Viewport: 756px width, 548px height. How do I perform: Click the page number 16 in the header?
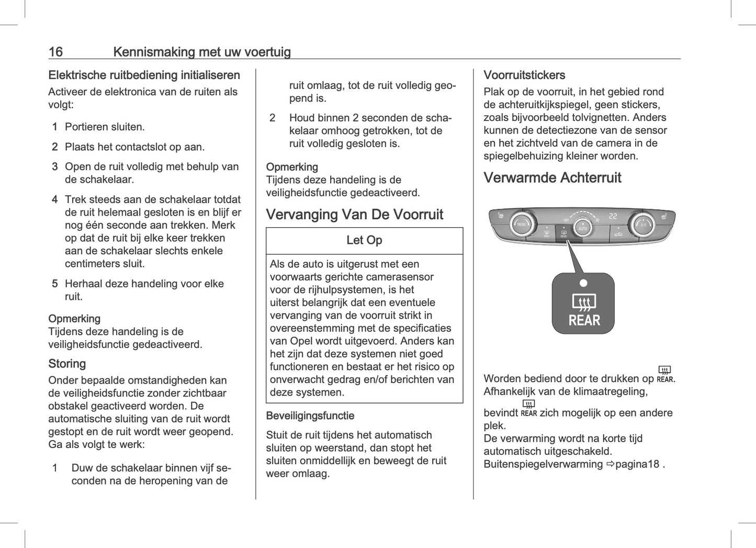click(x=55, y=52)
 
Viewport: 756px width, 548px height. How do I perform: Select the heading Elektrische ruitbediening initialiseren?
click(x=144, y=75)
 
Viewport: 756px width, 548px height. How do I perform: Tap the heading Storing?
click(x=67, y=364)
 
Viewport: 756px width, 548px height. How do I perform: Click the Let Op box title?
click(x=364, y=240)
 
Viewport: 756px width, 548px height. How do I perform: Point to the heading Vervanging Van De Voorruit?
click(x=354, y=215)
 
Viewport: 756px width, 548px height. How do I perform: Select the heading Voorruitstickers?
click(x=524, y=75)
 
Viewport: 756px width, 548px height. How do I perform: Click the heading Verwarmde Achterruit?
click(x=552, y=178)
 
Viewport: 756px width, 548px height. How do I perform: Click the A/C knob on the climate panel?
click(x=642, y=225)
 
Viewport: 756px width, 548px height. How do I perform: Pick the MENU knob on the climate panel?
click(x=521, y=225)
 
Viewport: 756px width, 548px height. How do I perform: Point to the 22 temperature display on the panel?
click(x=613, y=216)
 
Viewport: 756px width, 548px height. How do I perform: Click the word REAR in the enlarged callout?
click(x=584, y=320)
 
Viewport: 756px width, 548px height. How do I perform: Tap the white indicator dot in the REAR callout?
click(x=583, y=283)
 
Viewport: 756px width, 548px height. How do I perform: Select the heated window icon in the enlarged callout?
click(x=584, y=302)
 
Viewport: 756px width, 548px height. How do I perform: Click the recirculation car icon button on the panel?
click(x=618, y=233)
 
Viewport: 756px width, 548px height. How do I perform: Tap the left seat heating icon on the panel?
click(x=501, y=215)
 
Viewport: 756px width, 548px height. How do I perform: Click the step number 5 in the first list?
click(x=54, y=284)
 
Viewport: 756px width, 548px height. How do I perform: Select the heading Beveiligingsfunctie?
click(x=310, y=416)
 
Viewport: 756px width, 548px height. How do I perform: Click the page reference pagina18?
click(x=637, y=464)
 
